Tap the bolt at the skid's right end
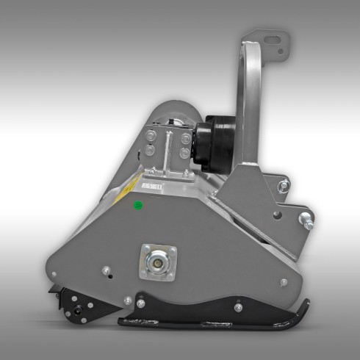tap(238, 307)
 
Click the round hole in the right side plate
tap(276, 215)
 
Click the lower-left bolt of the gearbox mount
tap(151, 151)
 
